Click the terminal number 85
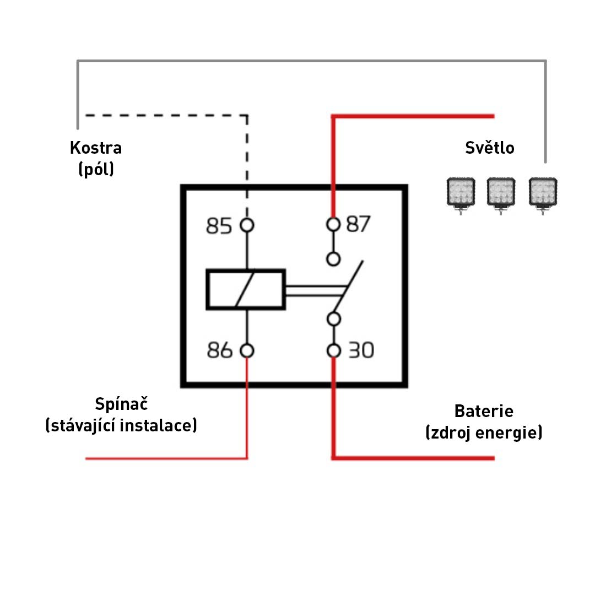click(219, 226)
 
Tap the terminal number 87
click(359, 224)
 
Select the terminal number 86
click(220, 350)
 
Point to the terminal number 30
click(361, 350)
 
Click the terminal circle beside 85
click(247, 225)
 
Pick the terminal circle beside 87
click(333, 224)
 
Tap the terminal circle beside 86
click(247, 350)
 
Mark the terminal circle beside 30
click(333, 350)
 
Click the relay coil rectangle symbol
click(246, 289)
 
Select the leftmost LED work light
click(460, 193)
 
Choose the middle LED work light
click(501, 193)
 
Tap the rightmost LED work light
click(543, 193)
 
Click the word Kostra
click(96, 148)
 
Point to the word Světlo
click(490, 148)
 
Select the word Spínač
click(122, 404)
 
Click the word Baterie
click(484, 411)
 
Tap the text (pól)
click(96, 169)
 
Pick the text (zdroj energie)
click(484, 433)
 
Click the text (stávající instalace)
click(121, 426)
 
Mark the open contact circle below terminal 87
click(333, 259)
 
